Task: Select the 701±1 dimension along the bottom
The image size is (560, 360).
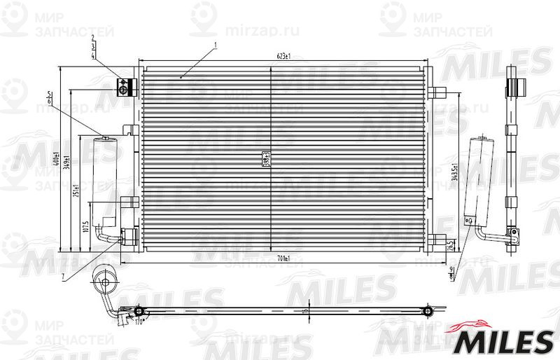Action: click(x=284, y=258)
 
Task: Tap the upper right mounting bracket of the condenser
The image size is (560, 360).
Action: click(x=439, y=92)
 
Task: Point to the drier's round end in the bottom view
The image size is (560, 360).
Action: click(x=104, y=284)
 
